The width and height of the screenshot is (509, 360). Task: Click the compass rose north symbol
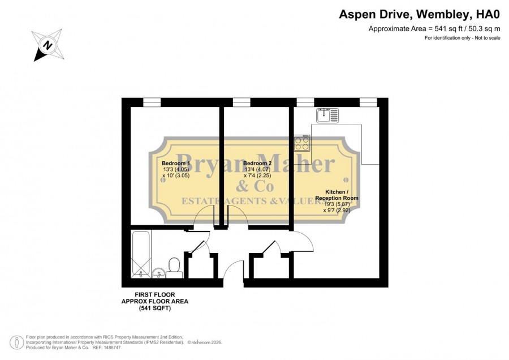point(48,45)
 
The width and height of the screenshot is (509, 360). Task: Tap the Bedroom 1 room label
point(176,163)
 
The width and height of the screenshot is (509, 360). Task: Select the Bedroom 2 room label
point(257,163)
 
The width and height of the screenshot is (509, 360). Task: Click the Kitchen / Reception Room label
point(337,195)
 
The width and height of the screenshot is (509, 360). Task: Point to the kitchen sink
point(327,115)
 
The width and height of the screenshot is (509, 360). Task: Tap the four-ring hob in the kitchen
point(302,143)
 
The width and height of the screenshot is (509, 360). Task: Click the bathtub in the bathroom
point(141,254)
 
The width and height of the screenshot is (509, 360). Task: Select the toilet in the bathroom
point(174,268)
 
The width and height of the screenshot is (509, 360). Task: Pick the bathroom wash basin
point(158,273)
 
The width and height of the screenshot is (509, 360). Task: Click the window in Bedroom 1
point(152,102)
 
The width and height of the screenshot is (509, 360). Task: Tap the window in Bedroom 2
point(241,102)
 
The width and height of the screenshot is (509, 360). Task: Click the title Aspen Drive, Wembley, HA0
point(420,14)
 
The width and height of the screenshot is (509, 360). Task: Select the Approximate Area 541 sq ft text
point(434,29)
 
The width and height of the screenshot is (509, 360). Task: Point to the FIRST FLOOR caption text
point(155,295)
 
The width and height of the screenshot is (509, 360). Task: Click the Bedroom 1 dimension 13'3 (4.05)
point(176,169)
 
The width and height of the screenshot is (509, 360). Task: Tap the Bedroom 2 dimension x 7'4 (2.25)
point(257,175)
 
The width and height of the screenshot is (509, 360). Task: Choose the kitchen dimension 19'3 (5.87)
point(337,204)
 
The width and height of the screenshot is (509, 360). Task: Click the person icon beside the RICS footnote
point(17,342)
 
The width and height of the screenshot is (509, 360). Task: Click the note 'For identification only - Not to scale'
point(463,38)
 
